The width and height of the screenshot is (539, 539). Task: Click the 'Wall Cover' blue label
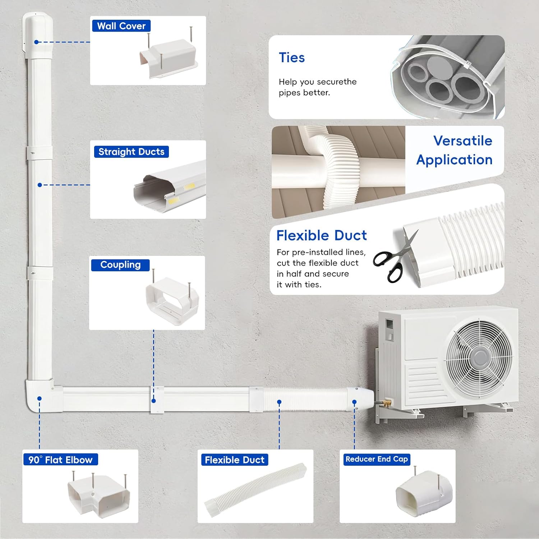(x=121, y=26)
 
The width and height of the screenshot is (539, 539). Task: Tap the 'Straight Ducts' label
(x=131, y=152)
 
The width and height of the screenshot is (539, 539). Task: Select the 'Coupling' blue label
(x=120, y=265)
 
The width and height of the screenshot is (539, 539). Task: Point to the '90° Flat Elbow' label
(x=60, y=460)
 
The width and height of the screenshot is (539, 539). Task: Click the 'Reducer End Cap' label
(x=377, y=459)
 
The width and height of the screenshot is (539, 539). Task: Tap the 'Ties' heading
(x=292, y=57)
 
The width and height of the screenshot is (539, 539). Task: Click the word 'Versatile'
(x=463, y=140)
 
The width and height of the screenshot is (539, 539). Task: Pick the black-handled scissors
(x=395, y=257)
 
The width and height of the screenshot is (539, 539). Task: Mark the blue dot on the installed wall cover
(x=36, y=42)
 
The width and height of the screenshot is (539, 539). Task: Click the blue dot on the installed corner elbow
(x=40, y=399)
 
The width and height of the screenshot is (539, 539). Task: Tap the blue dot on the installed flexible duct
(x=279, y=402)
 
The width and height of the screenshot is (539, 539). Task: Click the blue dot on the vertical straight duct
(x=40, y=185)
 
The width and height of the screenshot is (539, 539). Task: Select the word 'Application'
(x=454, y=160)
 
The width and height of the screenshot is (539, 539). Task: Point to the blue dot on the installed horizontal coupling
(x=153, y=401)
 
